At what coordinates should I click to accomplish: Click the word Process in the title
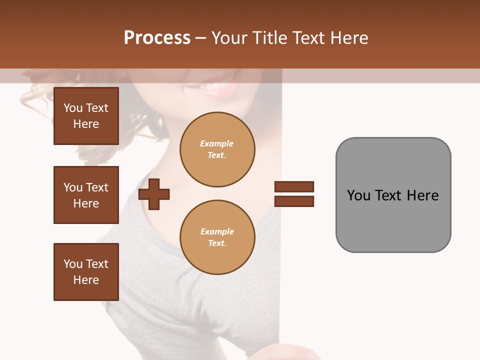click(157, 38)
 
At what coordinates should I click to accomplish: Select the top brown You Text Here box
click(86, 116)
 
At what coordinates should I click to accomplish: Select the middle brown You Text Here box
click(86, 195)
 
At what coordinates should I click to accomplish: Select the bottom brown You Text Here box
click(86, 272)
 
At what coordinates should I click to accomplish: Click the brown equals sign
click(294, 194)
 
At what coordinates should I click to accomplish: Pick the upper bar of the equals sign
click(294, 187)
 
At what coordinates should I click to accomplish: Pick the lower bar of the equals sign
click(294, 201)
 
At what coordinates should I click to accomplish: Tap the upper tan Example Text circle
click(217, 149)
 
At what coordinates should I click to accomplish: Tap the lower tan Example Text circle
click(217, 237)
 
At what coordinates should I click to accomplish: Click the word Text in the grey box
click(389, 195)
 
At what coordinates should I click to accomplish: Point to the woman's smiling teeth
click(210, 85)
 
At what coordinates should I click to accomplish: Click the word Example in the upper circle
click(217, 143)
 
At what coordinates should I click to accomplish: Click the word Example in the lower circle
click(217, 231)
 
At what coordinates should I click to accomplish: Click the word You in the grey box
click(358, 195)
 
